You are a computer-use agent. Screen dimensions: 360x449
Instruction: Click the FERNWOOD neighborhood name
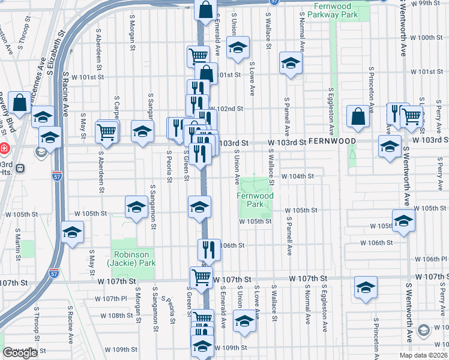(x=333, y=141)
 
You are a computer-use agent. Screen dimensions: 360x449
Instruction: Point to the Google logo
(x=20, y=353)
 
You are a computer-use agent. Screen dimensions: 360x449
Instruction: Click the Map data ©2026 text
(x=423, y=355)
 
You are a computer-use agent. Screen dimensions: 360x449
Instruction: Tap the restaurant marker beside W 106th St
(x=209, y=248)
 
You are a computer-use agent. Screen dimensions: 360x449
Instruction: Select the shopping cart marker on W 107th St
(x=202, y=277)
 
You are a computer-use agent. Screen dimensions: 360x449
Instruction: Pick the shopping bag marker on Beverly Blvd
(x=19, y=103)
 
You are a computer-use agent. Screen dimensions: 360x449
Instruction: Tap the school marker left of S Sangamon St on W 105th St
(x=137, y=207)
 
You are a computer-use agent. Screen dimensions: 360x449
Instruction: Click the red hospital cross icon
(x=4, y=148)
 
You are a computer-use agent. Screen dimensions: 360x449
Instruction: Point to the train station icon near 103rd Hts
(x=20, y=169)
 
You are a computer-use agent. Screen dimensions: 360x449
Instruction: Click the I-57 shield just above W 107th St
(x=55, y=273)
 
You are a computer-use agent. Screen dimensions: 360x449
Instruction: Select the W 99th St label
(x=426, y=3)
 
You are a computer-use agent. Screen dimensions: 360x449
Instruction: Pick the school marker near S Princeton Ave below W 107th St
(x=365, y=287)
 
